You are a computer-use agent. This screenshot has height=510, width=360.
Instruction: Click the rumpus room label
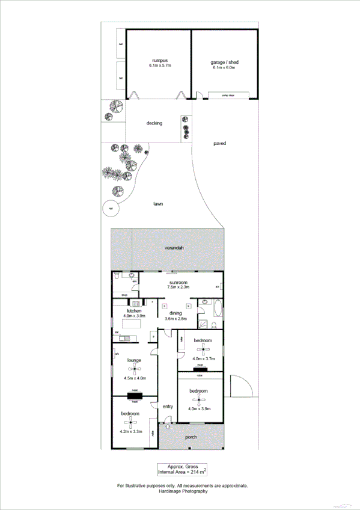pyautogui.click(x=159, y=60)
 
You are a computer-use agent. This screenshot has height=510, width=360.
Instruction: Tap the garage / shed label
pyautogui.click(x=223, y=63)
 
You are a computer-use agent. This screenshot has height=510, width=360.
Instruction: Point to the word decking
pyautogui.click(x=154, y=123)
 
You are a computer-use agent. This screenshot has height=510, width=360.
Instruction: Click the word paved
pyautogui.click(x=219, y=143)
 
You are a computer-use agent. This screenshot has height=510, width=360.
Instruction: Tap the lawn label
pyautogui.click(x=158, y=204)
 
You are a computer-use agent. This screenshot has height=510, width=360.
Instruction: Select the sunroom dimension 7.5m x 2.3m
pyautogui.click(x=179, y=287)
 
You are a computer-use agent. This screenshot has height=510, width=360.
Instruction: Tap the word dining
pyautogui.click(x=175, y=313)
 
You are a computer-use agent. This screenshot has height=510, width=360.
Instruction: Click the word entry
pyautogui.click(x=168, y=407)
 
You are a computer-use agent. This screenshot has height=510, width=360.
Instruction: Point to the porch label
pyautogui.click(x=192, y=437)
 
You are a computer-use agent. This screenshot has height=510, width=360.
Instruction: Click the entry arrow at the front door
pyautogui.click(x=168, y=426)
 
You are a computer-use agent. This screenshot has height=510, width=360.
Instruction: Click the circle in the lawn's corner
pyautogui.click(x=109, y=209)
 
